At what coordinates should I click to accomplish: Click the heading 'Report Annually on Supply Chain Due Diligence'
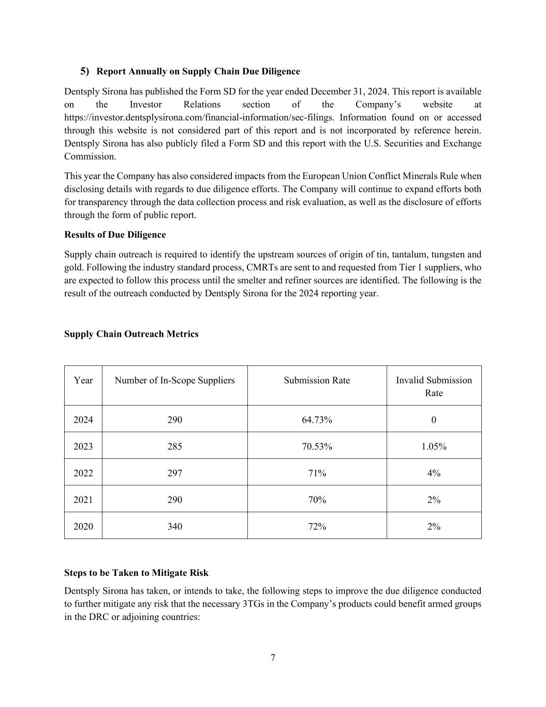click(198, 71)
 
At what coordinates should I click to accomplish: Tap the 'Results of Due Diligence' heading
click(115, 235)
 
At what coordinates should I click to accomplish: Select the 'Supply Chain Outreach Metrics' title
click(131, 334)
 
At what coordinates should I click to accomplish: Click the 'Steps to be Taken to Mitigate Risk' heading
click(136, 573)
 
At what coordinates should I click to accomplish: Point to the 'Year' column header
click(83, 380)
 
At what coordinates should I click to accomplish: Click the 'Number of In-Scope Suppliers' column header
click(174, 380)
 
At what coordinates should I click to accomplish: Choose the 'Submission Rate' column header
click(317, 380)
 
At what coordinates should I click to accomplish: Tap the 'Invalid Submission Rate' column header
click(434, 386)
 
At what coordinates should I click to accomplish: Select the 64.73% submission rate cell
click(317, 420)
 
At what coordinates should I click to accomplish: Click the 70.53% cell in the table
click(317, 446)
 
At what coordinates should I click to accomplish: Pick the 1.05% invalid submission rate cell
click(434, 446)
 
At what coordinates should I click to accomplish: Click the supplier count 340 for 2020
click(174, 526)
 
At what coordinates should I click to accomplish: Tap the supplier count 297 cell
click(174, 473)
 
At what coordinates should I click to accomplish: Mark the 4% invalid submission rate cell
click(434, 473)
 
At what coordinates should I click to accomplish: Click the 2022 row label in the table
click(83, 473)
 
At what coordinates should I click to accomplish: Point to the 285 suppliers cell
click(174, 446)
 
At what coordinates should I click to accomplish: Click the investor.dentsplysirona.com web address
click(199, 118)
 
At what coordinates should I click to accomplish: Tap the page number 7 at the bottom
click(273, 658)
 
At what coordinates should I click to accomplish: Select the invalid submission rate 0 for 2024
click(434, 420)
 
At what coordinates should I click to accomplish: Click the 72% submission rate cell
click(317, 526)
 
